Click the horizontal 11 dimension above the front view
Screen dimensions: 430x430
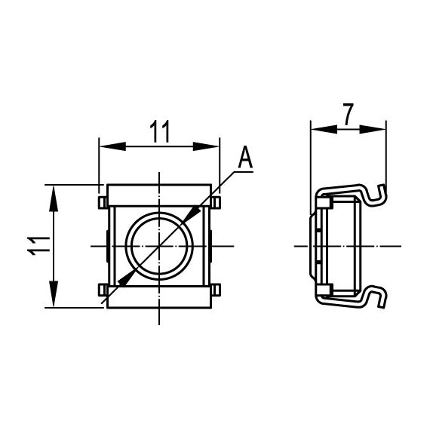pyautogui.click(x=159, y=131)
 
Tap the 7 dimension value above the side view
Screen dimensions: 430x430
pyautogui.click(x=347, y=115)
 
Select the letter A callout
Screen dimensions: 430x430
pyautogui.click(x=245, y=158)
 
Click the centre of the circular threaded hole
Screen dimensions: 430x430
pyautogui.click(x=159, y=245)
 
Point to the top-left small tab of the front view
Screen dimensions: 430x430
pyautogui.click(x=102, y=201)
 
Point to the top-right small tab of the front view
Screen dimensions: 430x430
pyautogui.click(x=217, y=201)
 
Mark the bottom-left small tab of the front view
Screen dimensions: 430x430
pyautogui.click(x=102, y=289)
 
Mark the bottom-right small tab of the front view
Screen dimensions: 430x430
pyautogui.click(x=217, y=289)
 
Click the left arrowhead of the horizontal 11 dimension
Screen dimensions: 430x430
pyautogui.click(x=109, y=146)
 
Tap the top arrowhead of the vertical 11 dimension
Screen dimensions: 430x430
pyautogui.click(x=54, y=194)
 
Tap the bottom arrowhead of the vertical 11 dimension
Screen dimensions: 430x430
pyautogui.click(x=54, y=297)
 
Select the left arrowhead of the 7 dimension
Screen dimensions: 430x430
pyautogui.click(x=320, y=129)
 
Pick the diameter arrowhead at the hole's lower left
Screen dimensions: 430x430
pyautogui.click(x=127, y=277)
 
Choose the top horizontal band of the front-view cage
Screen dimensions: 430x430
pyautogui.click(x=159, y=195)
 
